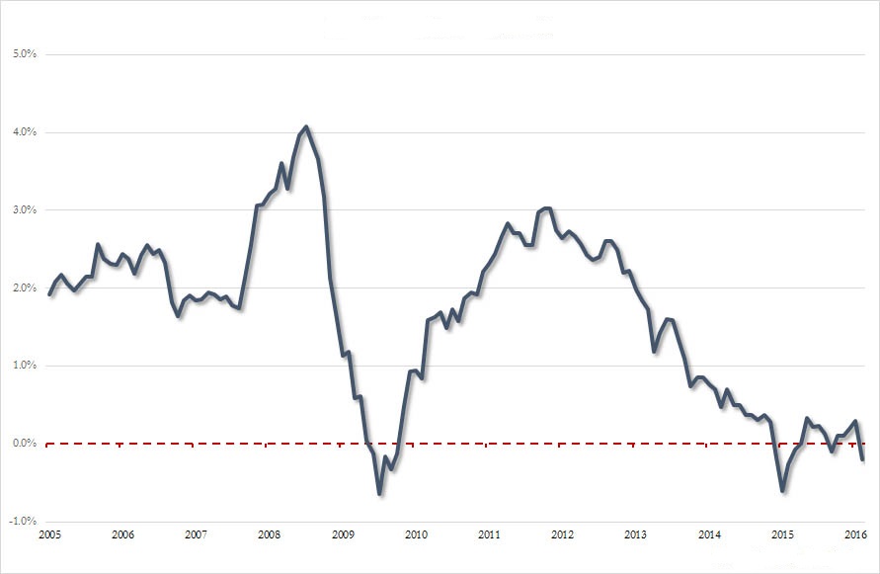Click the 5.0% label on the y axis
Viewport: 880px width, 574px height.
coord(23,54)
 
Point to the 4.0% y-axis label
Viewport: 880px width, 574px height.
coord(23,132)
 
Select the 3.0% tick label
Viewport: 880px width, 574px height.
coord(23,210)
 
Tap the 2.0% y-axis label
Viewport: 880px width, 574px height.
coord(23,288)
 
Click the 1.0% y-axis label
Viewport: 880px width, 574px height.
coord(23,366)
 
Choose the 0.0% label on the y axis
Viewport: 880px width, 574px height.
coord(23,444)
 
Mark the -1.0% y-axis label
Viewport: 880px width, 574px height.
coord(22,522)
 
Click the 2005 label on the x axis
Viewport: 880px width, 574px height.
coord(49,534)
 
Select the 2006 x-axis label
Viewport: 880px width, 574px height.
coord(122,534)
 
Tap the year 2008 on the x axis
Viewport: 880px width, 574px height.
coord(269,534)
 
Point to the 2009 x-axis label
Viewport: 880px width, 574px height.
coord(342,534)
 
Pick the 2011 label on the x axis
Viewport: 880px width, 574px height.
coord(489,534)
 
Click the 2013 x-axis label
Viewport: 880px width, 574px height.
coord(635,534)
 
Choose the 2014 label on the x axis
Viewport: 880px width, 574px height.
coord(709,534)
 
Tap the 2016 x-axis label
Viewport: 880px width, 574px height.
coord(855,534)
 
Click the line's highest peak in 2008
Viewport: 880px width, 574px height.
coord(306,126)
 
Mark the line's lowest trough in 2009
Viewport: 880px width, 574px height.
coord(379,493)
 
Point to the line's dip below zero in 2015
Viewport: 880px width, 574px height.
coord(782,490)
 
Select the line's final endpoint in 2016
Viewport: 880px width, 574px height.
coord(862,459)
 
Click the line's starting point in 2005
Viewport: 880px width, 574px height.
coord(50,293)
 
